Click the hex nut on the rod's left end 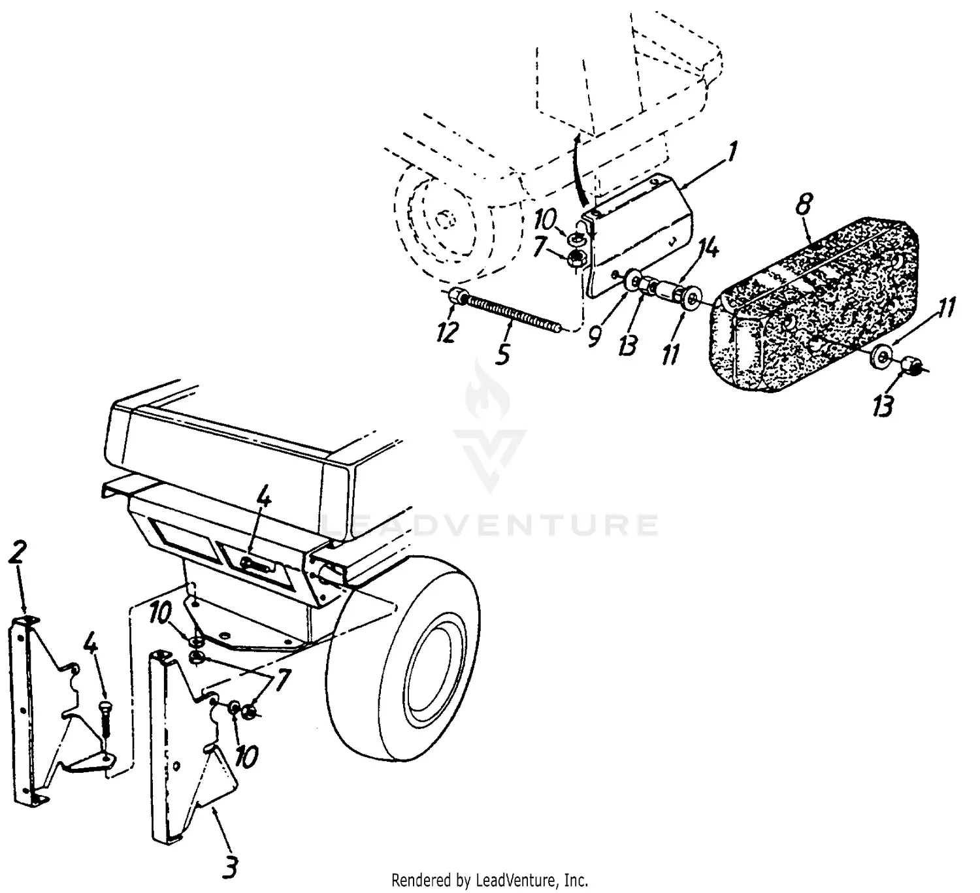[458, 298]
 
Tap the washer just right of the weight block [881, 356]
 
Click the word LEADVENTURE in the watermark [490, 525]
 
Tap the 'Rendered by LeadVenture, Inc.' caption [489, 880]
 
